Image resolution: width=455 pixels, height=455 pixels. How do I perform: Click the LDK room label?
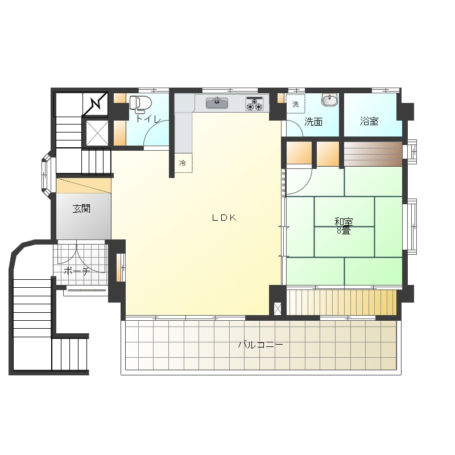point(224,218)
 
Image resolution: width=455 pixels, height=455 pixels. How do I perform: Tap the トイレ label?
point(148,119)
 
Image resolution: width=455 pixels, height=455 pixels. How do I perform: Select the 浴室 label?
point(369,121)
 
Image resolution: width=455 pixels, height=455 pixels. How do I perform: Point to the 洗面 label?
point(313,122)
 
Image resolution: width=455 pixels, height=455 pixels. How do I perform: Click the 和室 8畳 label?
point(344,226)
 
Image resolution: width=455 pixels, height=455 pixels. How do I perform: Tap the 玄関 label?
point(81,208)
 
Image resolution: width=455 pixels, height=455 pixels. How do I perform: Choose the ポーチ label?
point(77,271)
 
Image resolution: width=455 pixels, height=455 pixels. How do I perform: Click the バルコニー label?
point(260,345)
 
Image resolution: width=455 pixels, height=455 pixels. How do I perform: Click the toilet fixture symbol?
point(140,104)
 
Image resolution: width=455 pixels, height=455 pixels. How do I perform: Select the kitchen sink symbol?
point(217,103)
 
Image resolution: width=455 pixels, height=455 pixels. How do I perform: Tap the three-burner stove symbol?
point(254,104)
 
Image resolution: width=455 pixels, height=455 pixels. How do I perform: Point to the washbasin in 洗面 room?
point(330,99)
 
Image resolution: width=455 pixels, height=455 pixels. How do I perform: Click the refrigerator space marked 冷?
point(183,163)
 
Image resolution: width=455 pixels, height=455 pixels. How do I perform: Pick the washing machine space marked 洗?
point(296,104)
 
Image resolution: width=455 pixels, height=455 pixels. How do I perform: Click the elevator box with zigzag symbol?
point(96,104)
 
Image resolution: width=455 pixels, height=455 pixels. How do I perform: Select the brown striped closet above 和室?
point(373,154)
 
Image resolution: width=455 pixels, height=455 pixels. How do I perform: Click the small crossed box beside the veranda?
point(278,309)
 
